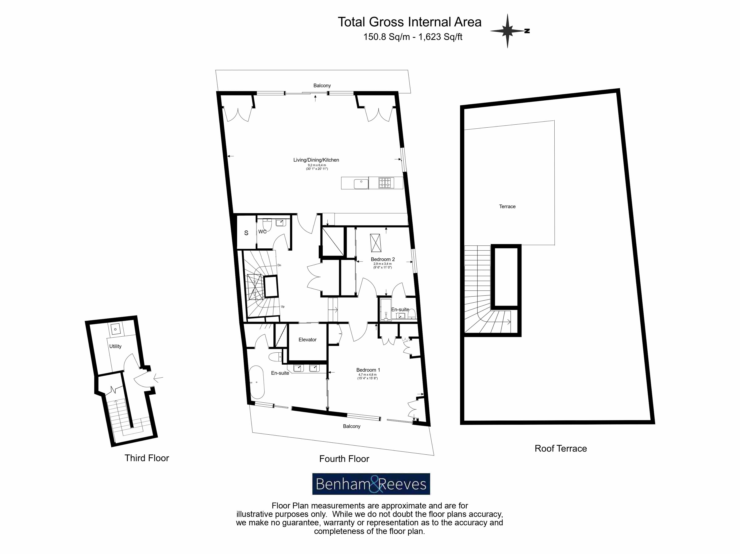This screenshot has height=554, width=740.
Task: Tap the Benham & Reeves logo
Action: pyautogui.click(x=371, y=484)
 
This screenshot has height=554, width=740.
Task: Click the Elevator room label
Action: pyautogui.click(x=307, y=340)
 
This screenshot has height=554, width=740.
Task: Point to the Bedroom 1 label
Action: pyautogui.click(x=368, y=370)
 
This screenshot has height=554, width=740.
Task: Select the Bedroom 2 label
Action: pyautogui.click(x=383, y=259)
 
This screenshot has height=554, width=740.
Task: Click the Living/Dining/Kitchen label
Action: pyautogui.click(x=316, y=160)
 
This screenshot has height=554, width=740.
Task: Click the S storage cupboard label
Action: pyautogui.click(x=246, y=233)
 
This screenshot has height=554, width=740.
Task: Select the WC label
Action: pyautogui.click(x=262, y=232)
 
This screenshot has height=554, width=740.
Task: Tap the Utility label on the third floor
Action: pyautogui.click(x=115, y=346)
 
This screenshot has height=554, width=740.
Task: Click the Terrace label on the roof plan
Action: pyautogui.click(x=507, y=206)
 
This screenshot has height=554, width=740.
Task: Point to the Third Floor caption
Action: pyautogui.click(x=147, y=458)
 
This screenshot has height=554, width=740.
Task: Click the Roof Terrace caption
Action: pyautogui.click(x=561, y=449)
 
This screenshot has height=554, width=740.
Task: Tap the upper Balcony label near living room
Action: pyautogui.click(x=322, y=86)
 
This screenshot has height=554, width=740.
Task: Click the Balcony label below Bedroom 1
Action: pyautogui.click(x=352, y=426)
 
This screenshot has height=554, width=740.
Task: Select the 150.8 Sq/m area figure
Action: pyautogui.click(x=386, y=37)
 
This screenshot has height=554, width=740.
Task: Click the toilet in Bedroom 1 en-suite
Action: pyautogui.click(x=275, y=357)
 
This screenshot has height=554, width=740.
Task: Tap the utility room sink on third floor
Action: pyautogui.click(x=115, y=329)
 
